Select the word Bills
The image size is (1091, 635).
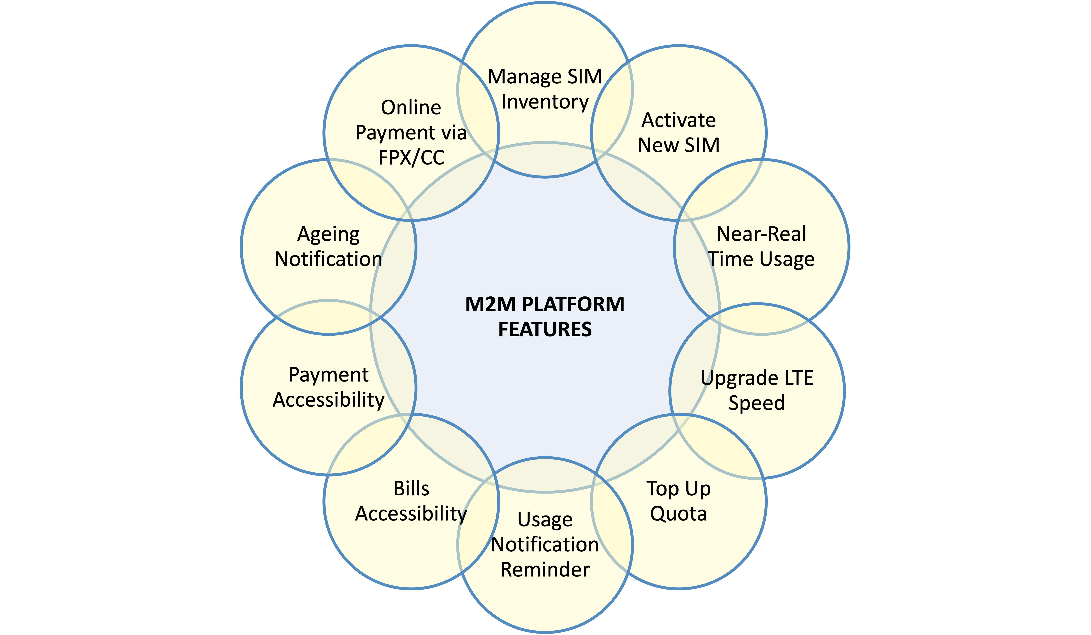click(x=411, y=489)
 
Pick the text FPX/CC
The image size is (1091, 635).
click(x=411, y=157)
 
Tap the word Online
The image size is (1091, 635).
click(x=411, y=107)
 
